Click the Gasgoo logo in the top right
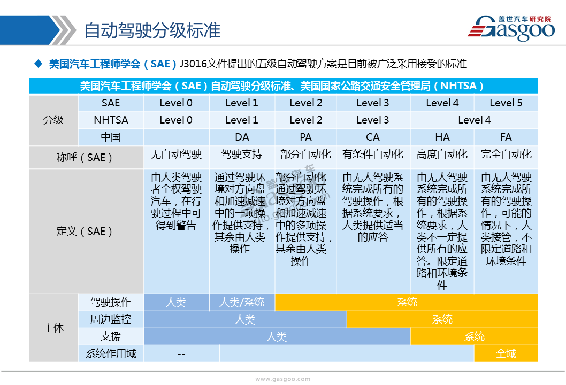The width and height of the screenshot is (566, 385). [511, 28]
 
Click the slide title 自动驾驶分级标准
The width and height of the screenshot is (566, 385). [152, 30]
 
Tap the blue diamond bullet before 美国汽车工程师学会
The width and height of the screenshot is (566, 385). [39, 64]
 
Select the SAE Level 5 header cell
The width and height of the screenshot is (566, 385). [506, 103]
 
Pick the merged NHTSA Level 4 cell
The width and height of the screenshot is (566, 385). [474, 120]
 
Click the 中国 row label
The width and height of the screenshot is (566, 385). [111, 137]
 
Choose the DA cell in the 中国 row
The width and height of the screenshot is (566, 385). [242, 137]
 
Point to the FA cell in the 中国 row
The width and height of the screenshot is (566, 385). [506, 137]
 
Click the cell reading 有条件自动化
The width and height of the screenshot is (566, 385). [373, 155]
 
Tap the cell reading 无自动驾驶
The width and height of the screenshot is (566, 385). [176, 155]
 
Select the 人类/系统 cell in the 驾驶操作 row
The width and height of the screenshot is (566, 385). [242, 302]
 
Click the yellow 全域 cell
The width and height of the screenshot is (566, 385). [506, 353]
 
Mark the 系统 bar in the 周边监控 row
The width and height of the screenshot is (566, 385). [442, 319]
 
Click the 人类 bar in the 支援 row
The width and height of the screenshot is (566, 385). [277, 337]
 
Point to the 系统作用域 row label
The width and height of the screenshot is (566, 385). [111, 353]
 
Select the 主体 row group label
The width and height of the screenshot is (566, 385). [53, 328]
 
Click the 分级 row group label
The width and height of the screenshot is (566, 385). [53, 120]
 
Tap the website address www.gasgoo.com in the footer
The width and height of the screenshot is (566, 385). [282, 379]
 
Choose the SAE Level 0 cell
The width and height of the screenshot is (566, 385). [176, 103]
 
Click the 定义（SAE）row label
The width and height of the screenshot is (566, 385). [84, 232]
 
